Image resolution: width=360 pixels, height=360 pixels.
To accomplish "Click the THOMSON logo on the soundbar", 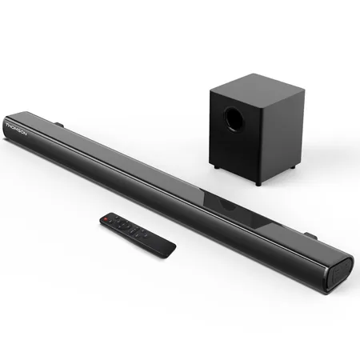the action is tap(16, 129).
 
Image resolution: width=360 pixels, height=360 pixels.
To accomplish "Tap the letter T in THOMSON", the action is tap(7, 125).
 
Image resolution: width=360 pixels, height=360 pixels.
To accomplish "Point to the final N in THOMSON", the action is tap(25, 134).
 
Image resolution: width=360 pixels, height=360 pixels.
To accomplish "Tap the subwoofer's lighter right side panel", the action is tap(283, 134).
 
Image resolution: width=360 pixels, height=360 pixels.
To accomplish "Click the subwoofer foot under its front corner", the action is tap(258, 182).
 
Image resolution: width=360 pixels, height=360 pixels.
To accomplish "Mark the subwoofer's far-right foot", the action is tap(293, 166).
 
